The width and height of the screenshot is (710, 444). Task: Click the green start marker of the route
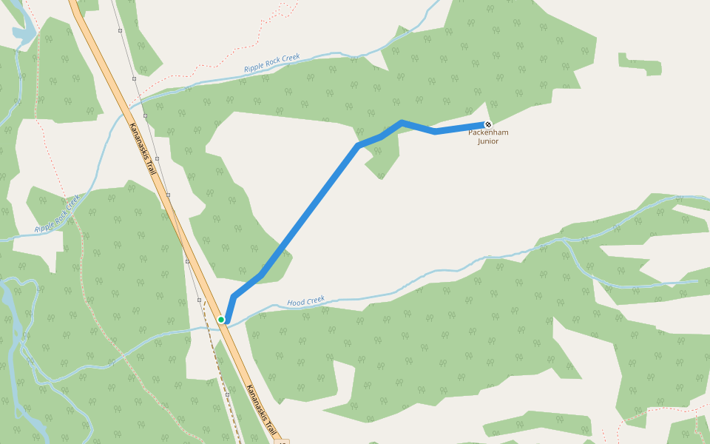[221, 320]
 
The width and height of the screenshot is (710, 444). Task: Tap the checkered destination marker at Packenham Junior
[487, 124]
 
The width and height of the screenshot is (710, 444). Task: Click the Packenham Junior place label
[488, 137]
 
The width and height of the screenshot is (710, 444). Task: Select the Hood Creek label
[306, 301]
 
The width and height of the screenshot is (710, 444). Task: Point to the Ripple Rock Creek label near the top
[272, 64]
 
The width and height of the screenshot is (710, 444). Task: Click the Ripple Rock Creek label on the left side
[57, 214]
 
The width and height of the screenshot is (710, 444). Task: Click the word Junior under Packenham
[488, 141]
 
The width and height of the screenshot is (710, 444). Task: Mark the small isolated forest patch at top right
[640, 64]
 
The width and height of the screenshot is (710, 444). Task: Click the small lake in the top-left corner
[24, 33]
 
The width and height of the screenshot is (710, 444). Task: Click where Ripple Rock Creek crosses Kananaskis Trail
[122, 115]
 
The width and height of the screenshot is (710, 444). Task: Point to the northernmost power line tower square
[120, 31]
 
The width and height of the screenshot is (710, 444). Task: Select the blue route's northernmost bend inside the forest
[401, 122]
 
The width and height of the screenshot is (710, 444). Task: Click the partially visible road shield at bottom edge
[282, 441]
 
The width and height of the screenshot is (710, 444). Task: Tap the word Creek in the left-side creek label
[70, 203]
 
